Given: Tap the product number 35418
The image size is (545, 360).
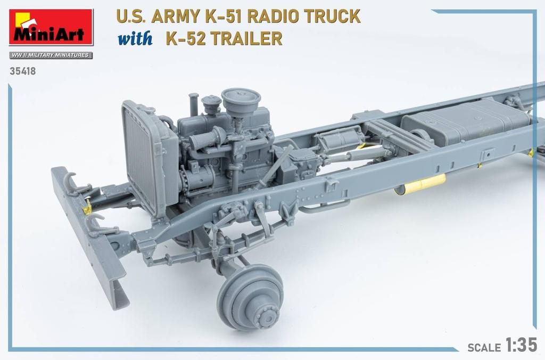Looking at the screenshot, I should point(22,70).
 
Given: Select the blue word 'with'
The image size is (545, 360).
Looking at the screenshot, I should point(135,39).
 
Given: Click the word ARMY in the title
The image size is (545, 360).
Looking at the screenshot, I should point(171,17).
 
